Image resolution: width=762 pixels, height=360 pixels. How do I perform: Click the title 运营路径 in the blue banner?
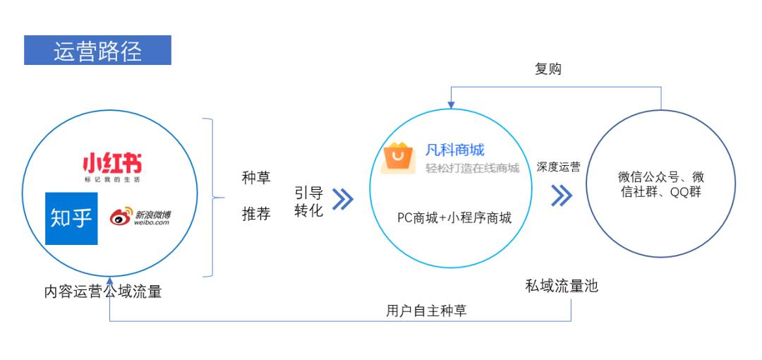point(97,51)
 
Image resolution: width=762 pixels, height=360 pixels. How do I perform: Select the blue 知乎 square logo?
point(71,218)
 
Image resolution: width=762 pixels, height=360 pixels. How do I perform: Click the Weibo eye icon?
point(121,217)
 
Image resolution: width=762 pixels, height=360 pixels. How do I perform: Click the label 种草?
point(256,178)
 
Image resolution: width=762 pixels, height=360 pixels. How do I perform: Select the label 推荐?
point(256,214)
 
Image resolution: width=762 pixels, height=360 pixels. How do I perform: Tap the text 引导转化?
point(309,201)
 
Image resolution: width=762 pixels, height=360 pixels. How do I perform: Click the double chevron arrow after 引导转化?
point(343,199)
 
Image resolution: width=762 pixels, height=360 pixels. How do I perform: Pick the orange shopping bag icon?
point(399,157)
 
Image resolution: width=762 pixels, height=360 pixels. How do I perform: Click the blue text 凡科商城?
point(455,150)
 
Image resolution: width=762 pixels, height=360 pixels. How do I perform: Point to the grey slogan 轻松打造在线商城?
point(472,168)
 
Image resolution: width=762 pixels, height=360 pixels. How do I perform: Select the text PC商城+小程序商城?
point(454,217)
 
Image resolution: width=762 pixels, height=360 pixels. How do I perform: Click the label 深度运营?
point(558,167)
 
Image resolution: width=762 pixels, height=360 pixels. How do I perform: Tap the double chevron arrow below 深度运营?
point(562,195)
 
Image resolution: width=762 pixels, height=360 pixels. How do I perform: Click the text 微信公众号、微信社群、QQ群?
point(661,184)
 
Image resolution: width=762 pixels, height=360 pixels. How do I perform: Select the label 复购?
point(548,69)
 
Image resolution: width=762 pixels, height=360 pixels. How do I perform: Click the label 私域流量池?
point(562,286)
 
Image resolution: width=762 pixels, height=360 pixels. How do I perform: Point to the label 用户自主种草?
point(427,311)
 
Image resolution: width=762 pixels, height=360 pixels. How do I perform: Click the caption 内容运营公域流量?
point(103,292)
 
